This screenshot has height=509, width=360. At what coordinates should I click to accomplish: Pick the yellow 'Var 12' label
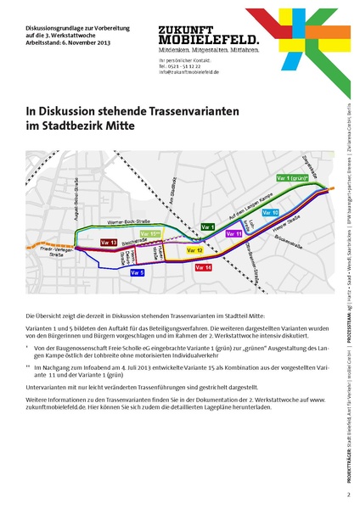(194, 251)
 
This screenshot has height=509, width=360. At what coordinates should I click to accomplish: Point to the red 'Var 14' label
(203, 267)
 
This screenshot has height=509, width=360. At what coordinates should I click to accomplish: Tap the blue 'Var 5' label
(137, 273)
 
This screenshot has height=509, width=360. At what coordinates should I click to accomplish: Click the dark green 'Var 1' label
(208, 227)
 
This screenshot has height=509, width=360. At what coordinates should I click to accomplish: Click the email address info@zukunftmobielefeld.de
(183, 73)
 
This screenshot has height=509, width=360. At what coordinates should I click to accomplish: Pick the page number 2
(348, 494)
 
